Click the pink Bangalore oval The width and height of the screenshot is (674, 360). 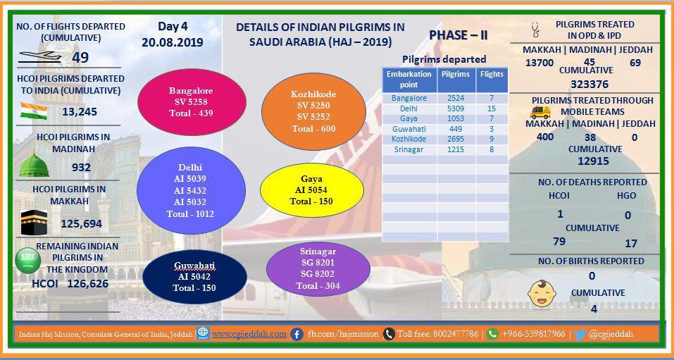[192, 102]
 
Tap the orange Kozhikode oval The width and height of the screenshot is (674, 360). [314, 111]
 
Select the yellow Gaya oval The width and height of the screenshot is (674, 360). [312, 190]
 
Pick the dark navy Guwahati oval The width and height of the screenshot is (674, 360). [194, 277]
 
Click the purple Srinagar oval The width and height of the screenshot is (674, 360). [318, 269]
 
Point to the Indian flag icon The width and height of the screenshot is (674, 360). [34, 111]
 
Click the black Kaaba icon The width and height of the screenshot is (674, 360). [34, 223]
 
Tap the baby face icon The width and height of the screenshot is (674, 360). [542, 294]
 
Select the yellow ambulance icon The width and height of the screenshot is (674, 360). [540, 112]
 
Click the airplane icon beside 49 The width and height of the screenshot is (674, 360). [41, 57]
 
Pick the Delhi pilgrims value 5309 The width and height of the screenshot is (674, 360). [455, 108]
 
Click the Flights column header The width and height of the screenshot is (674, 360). [492, 74]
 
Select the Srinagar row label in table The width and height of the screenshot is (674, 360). [409, 149]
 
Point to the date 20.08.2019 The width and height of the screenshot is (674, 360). [173, 43]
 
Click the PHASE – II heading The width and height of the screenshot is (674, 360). [458, 35]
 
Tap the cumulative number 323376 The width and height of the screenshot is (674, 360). [589, 84]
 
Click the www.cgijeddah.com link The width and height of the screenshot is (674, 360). [249, 334]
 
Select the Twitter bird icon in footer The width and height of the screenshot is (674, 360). [580, 334]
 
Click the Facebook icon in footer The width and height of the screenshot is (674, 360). [297, 334]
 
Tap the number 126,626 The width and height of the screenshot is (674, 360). [88, 284]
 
